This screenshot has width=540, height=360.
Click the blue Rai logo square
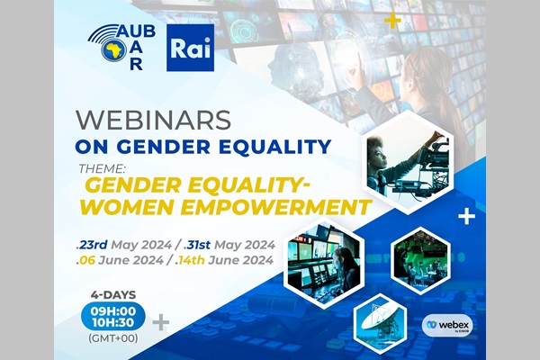[191, 48]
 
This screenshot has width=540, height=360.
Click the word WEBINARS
[153, 121]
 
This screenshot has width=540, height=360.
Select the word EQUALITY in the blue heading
[275, 147]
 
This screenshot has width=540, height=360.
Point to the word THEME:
[101, 169]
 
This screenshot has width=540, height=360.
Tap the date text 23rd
[92, 245]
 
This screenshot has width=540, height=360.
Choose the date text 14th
[190, 260]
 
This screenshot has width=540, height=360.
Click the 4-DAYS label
[113, 295]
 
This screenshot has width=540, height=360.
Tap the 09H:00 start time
[113, 311]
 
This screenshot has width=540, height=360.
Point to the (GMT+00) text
[113, 338]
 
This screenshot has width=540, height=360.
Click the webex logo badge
[447, 325]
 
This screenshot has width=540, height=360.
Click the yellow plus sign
[393, 22]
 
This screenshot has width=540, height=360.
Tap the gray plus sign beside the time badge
[161, 323]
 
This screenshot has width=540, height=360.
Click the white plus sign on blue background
[467, 217]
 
